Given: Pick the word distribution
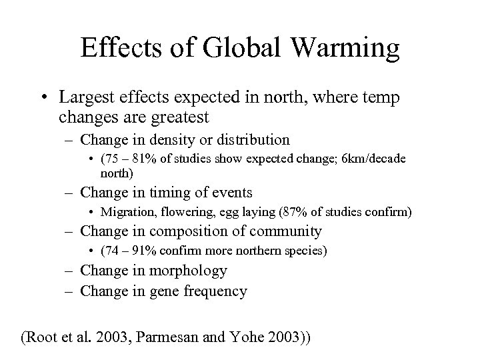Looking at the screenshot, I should tap(251, 140).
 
